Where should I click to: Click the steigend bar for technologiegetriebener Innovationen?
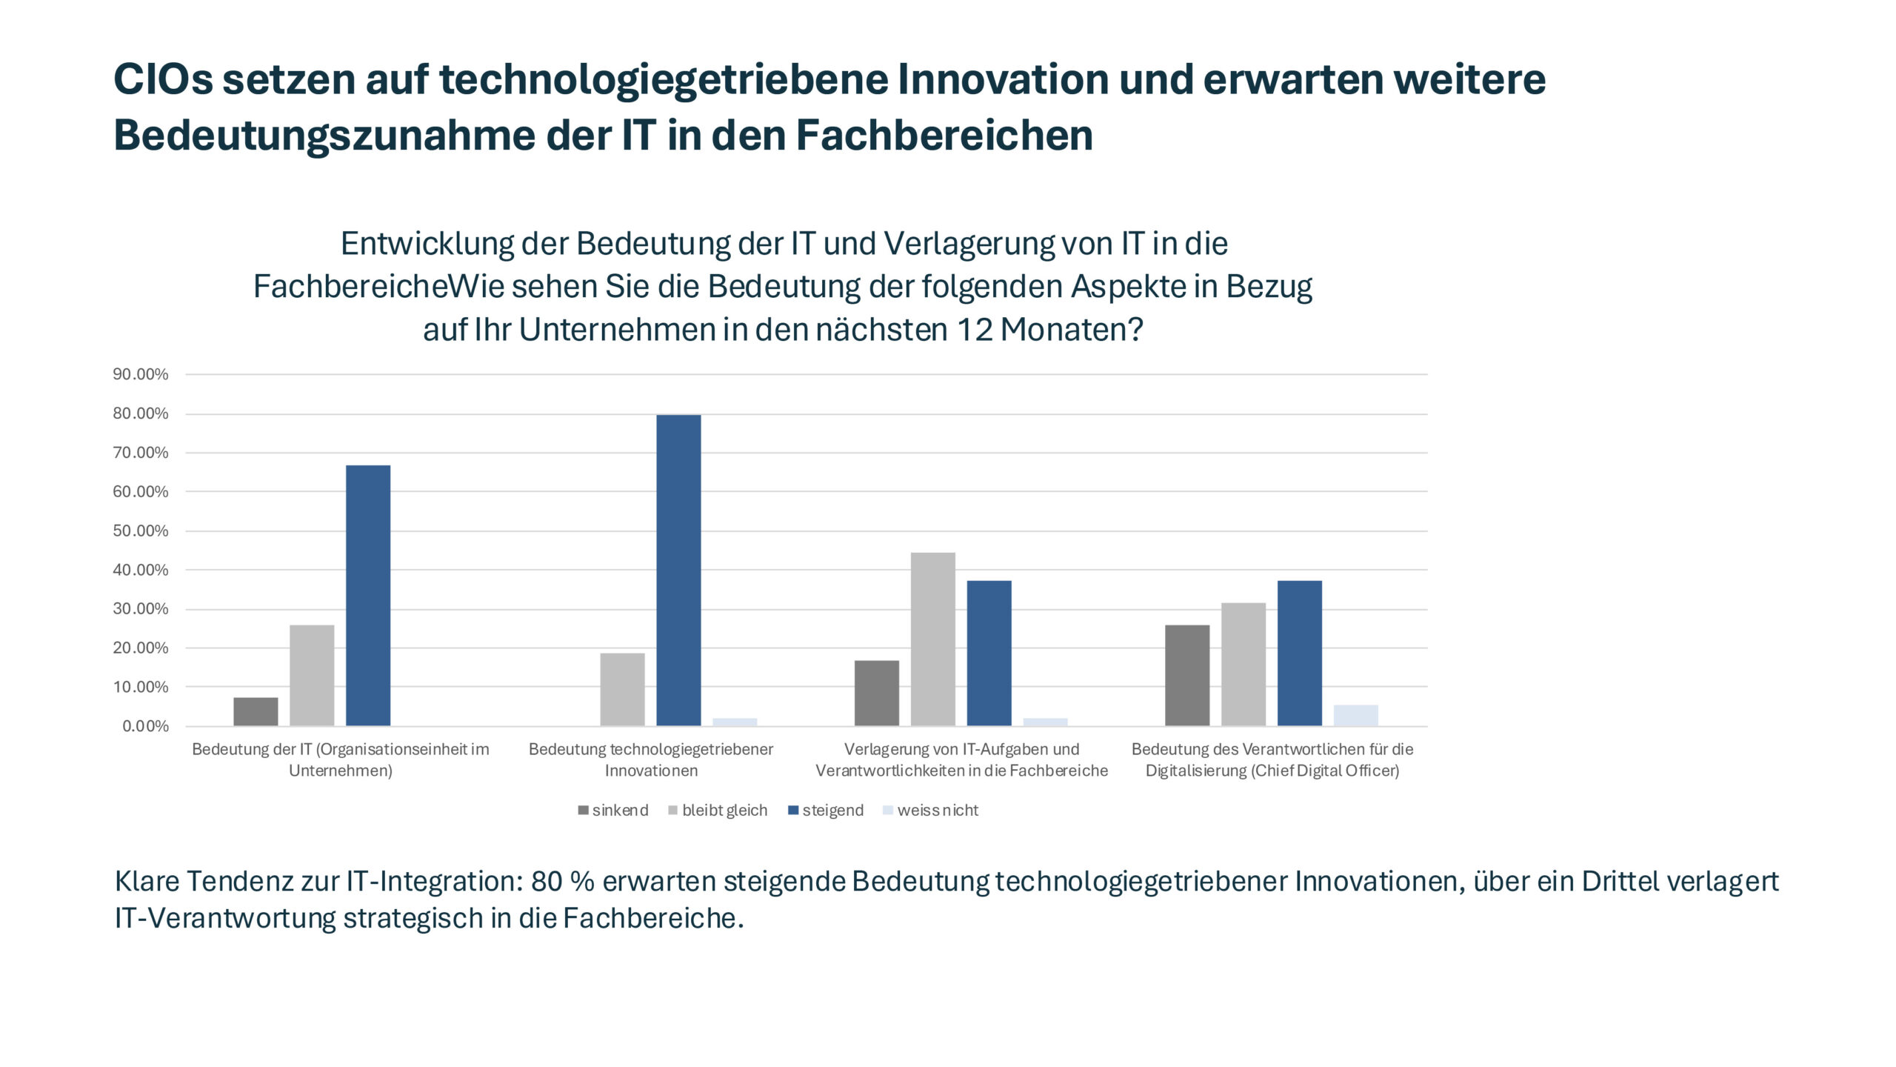click(x=678, y=570)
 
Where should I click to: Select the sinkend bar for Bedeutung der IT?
click(x=256, y=711)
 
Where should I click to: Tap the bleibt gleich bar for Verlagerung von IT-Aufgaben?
click(x=932, y=639)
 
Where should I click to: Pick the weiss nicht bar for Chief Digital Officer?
click(x=1355, y=715)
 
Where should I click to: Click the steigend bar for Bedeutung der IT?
click(x=368, y=595)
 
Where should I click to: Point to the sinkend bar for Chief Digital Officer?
click(x=1186, y=675)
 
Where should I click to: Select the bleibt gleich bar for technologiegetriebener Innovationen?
click(x=622, y=689)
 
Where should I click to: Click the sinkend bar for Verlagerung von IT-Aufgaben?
click(x=876, y=693)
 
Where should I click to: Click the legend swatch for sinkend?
click(x=584, y=811)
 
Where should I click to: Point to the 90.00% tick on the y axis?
click(x=141, y=374)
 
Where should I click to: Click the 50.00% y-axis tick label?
click(x=141, y=531)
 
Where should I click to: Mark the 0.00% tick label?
click(x=145, y=726)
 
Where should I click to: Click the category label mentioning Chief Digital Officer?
click(x=1272, y=759)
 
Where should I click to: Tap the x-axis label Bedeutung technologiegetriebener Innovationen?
click(x=651, y=759)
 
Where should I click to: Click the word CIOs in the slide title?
click(x=163, y=79)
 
